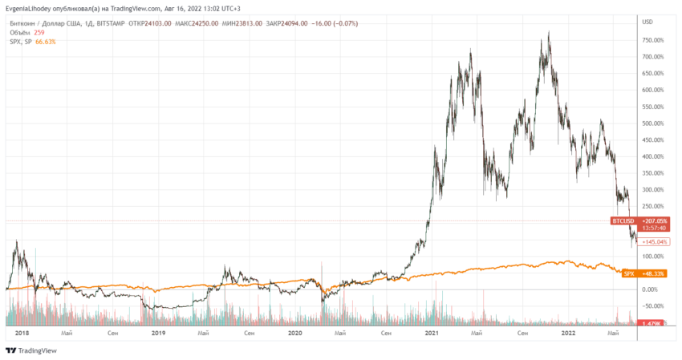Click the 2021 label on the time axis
[432, 332]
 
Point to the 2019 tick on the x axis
[159, 332]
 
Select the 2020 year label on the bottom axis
[295, 332]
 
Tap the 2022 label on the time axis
[568, 332]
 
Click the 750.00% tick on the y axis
[653, 40]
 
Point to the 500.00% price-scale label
[653, 123]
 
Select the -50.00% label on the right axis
[653, 305]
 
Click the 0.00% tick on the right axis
[652, 289]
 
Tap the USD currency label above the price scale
[647, 22]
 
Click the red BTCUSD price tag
[623, 220]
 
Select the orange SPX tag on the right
[630, 273]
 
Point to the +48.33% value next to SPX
[654, 273]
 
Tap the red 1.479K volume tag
[652, 323]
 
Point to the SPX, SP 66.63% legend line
[33, 42]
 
